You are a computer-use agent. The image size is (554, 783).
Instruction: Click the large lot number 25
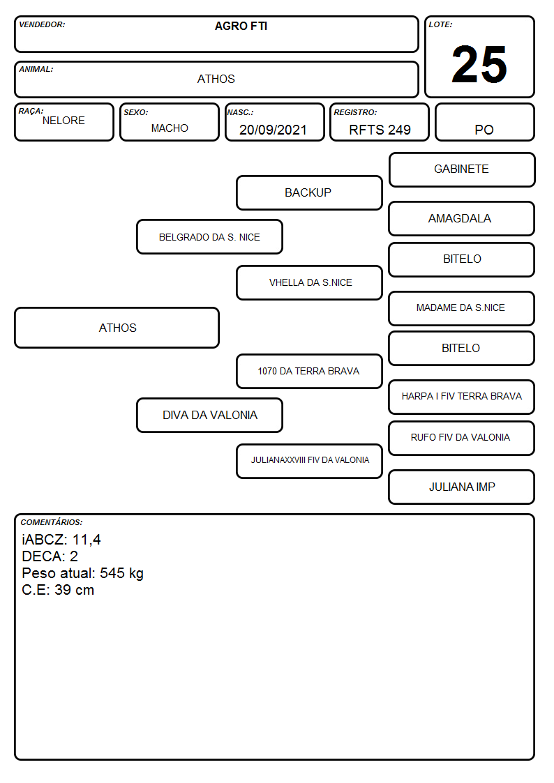pos(479,64)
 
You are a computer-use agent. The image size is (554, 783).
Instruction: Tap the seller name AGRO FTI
pos(241,26)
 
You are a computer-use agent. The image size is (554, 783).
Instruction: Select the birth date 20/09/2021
pos(273,130)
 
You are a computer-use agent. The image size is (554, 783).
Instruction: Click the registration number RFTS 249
pos(380,130)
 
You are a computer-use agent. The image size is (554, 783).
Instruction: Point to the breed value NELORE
pos(63,121)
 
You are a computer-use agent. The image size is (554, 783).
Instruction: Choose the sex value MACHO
pos(170,128)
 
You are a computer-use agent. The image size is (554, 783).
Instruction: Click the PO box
pos(484,122)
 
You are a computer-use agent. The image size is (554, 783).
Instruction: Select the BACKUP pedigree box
pos(309,192)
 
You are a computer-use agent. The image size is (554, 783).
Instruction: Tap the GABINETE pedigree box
pos(462,170)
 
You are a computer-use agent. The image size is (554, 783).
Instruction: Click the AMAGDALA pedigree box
pos(461,219)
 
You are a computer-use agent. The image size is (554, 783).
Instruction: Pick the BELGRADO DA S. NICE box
pos(209,236)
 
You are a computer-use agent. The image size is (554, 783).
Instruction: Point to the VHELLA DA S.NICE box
pos(309,282)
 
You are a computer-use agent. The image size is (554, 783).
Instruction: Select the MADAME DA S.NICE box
pos(461,308)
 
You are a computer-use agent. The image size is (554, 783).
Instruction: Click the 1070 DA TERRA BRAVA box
pos(309,371)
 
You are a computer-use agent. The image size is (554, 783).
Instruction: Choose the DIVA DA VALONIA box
pos(209,415)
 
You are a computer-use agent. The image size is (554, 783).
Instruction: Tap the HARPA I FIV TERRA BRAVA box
pos(461,397)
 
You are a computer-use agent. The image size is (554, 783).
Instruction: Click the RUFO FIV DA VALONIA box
pos(461,438)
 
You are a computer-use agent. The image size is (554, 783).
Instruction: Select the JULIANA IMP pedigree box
pos(461,487)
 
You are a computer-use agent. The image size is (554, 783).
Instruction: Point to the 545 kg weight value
pos(121,573)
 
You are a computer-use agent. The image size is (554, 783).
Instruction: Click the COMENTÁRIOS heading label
pos(52,522)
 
